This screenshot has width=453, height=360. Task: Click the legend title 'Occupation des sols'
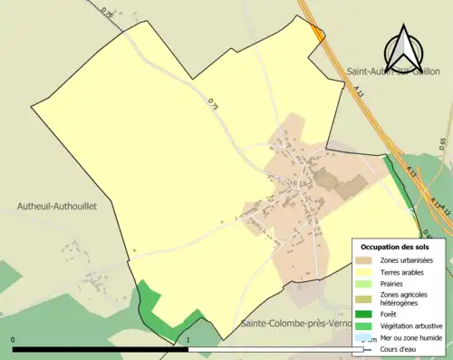(395, 247)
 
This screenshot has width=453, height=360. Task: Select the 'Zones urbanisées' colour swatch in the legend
(368, 260)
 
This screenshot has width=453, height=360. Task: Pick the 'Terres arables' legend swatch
(368, 271)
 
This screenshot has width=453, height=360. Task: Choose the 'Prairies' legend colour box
(368, 283)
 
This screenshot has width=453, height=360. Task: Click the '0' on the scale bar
(13, 341)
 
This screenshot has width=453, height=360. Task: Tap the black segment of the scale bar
(100, 348)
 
